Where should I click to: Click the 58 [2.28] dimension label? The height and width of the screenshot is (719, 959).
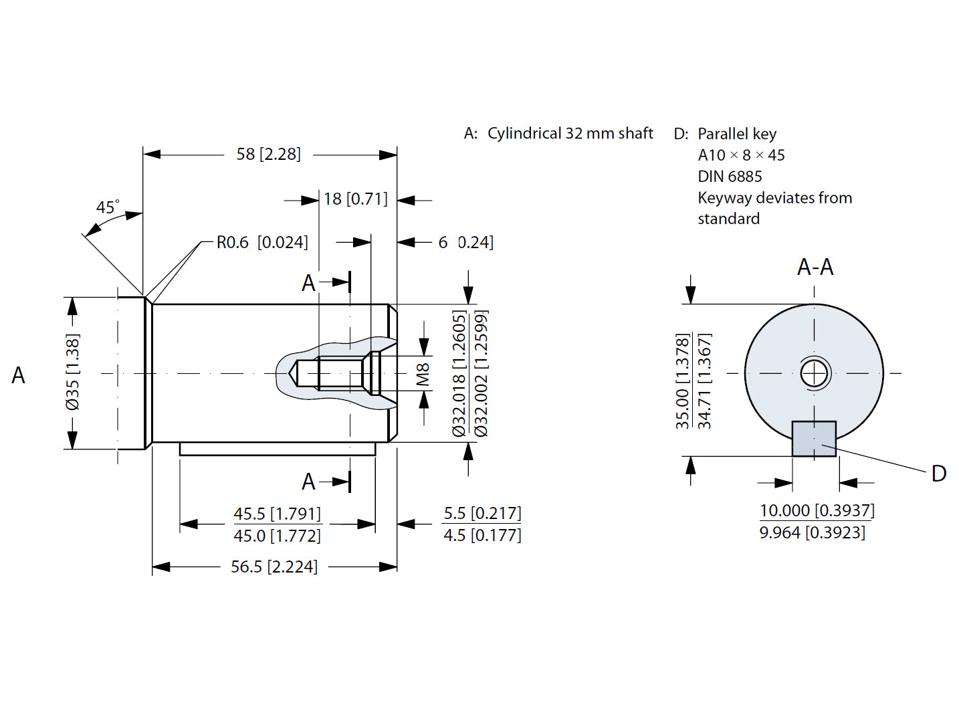tap(268, 155)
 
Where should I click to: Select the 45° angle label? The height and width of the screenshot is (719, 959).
tap(107, 207)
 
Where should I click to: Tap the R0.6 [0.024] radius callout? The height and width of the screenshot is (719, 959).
tap(262, 242)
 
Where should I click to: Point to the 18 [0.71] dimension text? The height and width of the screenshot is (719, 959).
tap(355, 199)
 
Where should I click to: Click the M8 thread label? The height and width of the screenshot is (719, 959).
tap(423, 375)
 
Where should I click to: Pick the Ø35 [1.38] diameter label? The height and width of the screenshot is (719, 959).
tap(72, 372)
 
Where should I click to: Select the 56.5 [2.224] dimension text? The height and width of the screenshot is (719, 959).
tap(274, 567)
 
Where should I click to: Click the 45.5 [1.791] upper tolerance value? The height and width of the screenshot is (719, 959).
tap(277, 514)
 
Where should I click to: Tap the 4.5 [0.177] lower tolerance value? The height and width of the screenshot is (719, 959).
tap(482, 536)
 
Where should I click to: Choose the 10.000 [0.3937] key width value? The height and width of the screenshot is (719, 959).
tap(817, 510)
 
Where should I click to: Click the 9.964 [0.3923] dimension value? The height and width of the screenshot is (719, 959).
tap(812, 533)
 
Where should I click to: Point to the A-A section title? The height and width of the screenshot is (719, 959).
tap(815, 268)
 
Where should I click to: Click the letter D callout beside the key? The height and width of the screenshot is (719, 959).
tap(938, 474)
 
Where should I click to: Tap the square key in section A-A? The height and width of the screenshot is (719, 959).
tap(814, 439)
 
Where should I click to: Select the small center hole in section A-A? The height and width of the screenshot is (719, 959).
tap(815, 373)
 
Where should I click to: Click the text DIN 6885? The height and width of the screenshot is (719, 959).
tap(730, 177)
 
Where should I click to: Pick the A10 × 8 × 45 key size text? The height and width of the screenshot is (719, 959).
tap(741, 155)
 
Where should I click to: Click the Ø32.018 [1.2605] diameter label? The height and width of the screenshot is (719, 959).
tap(459, 373)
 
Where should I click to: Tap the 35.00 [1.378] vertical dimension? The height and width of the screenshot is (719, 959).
tap(682, 381)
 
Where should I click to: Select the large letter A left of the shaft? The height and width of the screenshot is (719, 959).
tap(19, 375)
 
